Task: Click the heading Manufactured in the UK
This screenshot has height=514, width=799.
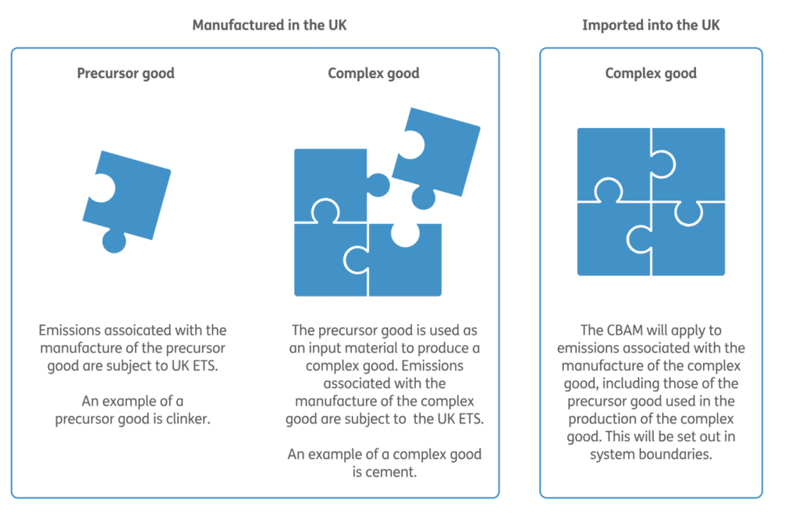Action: point(269,25)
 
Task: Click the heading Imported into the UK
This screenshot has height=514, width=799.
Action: point(651,25)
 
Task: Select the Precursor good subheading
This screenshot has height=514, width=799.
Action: point(126,73)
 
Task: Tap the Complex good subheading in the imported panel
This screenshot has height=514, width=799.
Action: point(651,73)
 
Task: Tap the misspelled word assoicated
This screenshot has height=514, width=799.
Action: point(121,331)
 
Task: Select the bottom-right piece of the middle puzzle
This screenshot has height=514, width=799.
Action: point(406,261)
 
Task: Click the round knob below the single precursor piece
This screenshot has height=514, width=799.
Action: point(114,242)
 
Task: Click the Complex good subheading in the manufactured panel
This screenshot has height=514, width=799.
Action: point(373,73)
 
